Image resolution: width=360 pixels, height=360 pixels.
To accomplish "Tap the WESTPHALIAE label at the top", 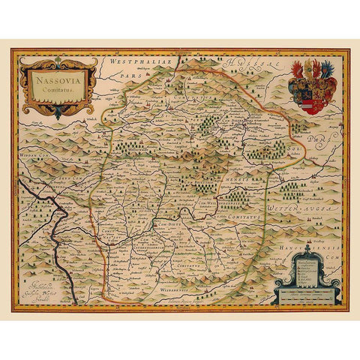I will (136, 59).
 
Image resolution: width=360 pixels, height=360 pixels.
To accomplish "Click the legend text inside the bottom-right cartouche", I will (308, 268).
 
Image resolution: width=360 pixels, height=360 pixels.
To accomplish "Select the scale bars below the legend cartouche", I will (307, 293).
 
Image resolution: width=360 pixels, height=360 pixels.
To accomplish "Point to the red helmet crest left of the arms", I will (298, 70).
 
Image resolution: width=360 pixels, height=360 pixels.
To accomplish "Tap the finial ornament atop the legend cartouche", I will (307, 248).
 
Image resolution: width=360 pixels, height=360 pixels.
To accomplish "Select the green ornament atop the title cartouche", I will (58, 60).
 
